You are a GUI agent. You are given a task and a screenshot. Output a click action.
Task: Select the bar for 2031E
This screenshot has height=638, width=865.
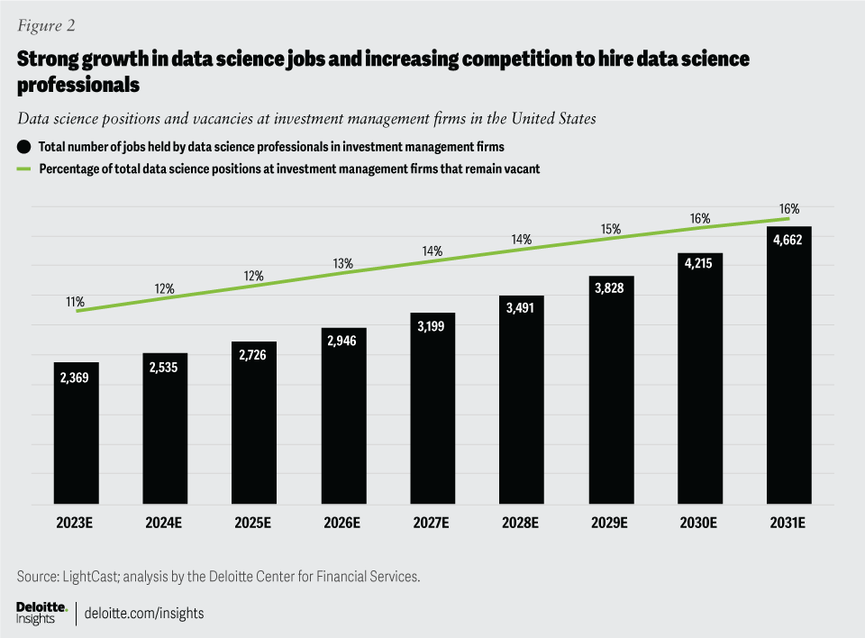coord(789,365)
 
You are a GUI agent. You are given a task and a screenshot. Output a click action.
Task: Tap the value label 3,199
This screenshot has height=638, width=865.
coord(432,327)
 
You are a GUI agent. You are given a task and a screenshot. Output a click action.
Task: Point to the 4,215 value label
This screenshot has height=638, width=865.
coord(700,268)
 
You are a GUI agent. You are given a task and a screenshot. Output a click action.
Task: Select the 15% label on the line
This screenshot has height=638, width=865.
coord(611,229)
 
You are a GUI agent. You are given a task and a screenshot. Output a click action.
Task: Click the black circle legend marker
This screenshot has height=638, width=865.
coord(22,146)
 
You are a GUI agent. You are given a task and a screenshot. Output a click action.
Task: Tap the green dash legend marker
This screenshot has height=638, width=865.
coord(22,169)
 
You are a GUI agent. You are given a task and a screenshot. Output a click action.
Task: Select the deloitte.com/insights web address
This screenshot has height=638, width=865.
coord(144,613)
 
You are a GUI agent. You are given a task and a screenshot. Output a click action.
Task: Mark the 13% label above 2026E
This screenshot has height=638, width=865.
coord(343,264)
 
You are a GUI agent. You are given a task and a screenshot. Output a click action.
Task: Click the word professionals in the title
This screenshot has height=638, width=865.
coord(77,86)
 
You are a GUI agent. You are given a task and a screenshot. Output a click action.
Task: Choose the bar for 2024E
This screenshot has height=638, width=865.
coord(165,428)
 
